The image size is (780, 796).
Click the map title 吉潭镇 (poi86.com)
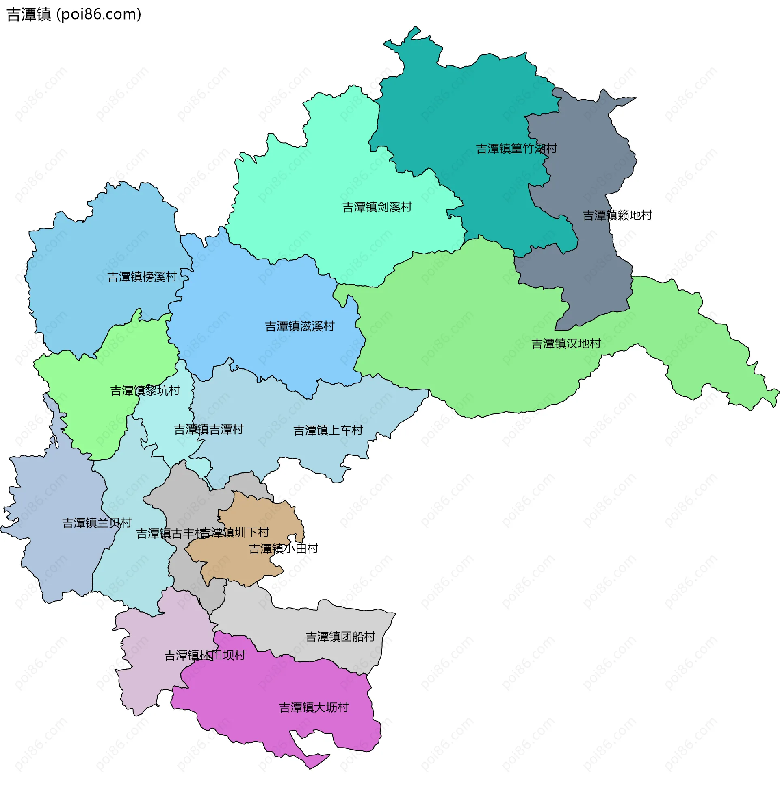point(74,14)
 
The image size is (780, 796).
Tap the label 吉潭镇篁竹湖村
point(516,148)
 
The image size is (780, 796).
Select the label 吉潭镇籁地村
point(617,215)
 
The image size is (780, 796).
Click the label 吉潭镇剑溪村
point(377,207)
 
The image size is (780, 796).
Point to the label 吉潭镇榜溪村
point(142,277)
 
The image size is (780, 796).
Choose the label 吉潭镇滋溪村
point(299,326)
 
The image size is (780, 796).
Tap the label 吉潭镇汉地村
point(566,344)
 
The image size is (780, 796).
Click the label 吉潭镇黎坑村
point(145,390)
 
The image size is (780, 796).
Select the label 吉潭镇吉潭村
point(208,429)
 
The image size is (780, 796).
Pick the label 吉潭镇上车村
point(328,430)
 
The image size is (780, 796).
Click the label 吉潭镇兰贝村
point(97,523)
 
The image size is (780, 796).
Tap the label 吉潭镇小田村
point(284,548)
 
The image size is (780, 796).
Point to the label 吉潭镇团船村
point(340,637)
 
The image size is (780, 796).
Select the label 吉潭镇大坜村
point(313,707)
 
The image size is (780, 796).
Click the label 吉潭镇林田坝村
point(205,655)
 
